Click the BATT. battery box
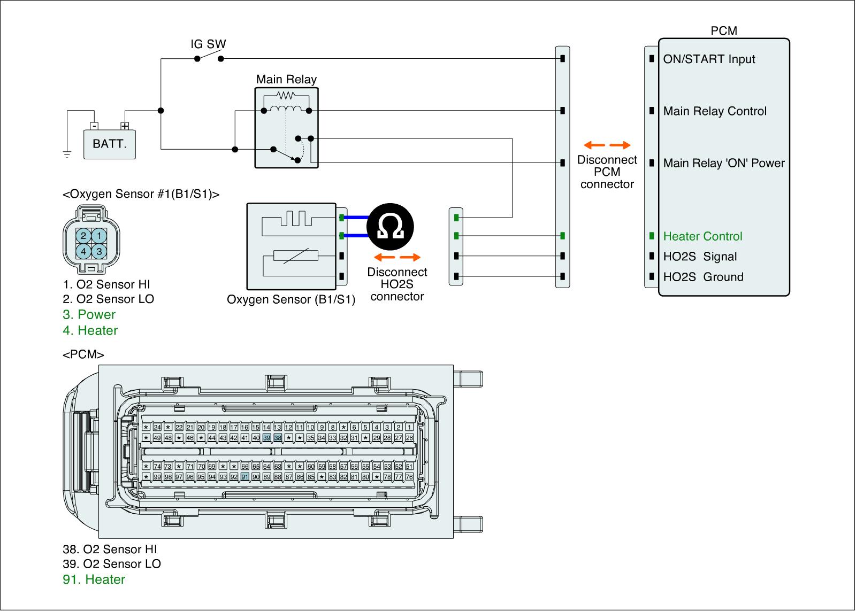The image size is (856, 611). coord(110,144)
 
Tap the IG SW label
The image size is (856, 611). coord(208,44)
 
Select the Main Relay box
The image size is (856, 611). coord(286,128)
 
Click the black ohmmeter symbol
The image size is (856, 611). coord(391,227)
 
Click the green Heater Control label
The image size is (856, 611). coord(702,236)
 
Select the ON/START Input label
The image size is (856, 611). coord(709,59)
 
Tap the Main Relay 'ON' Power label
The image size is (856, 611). coord(723,163)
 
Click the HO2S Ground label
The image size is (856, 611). coord(703,277)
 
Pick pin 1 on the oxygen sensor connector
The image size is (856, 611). coord(100,236)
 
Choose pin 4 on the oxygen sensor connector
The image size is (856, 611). coord(83,251)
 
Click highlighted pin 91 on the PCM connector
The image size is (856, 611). coord(245,477)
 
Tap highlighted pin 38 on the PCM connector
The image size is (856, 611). coord(278,438)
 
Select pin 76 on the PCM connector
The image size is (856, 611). coord(409,477)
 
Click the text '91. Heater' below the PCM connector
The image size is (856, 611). coord(94,579)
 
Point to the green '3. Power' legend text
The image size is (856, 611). coord(89,314)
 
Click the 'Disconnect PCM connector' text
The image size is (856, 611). coord(607,172)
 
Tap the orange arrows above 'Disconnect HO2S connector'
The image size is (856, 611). coord(397,257)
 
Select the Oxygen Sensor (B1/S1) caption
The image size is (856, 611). coord(291,299)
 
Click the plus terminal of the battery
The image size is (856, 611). coord(125,126)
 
